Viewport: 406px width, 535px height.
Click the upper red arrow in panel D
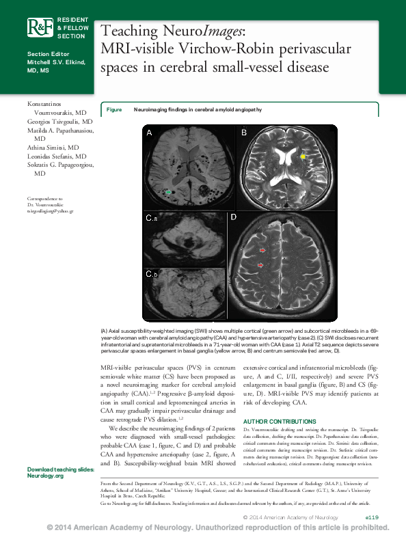[263, 251]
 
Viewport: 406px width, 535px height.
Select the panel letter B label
[242, 133]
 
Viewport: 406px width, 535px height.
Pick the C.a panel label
[151, 219]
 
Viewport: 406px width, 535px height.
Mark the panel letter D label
[233, 218]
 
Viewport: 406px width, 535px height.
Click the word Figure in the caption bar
[113, 109]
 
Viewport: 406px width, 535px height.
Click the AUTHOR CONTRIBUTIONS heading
[280, 421]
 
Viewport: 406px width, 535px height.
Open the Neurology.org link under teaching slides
[44, 476]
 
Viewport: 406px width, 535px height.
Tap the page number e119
[377, 518]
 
